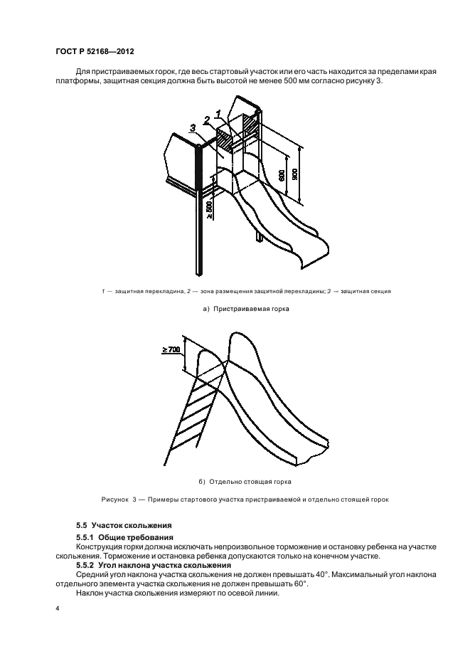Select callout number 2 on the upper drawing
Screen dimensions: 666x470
tap(207, 120)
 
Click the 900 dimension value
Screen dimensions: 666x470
tap(304, 174)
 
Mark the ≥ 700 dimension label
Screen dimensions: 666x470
tap(171, 349)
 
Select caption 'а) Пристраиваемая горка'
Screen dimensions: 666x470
tap(235, 310)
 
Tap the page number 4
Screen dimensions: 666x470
tap(57, 610)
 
